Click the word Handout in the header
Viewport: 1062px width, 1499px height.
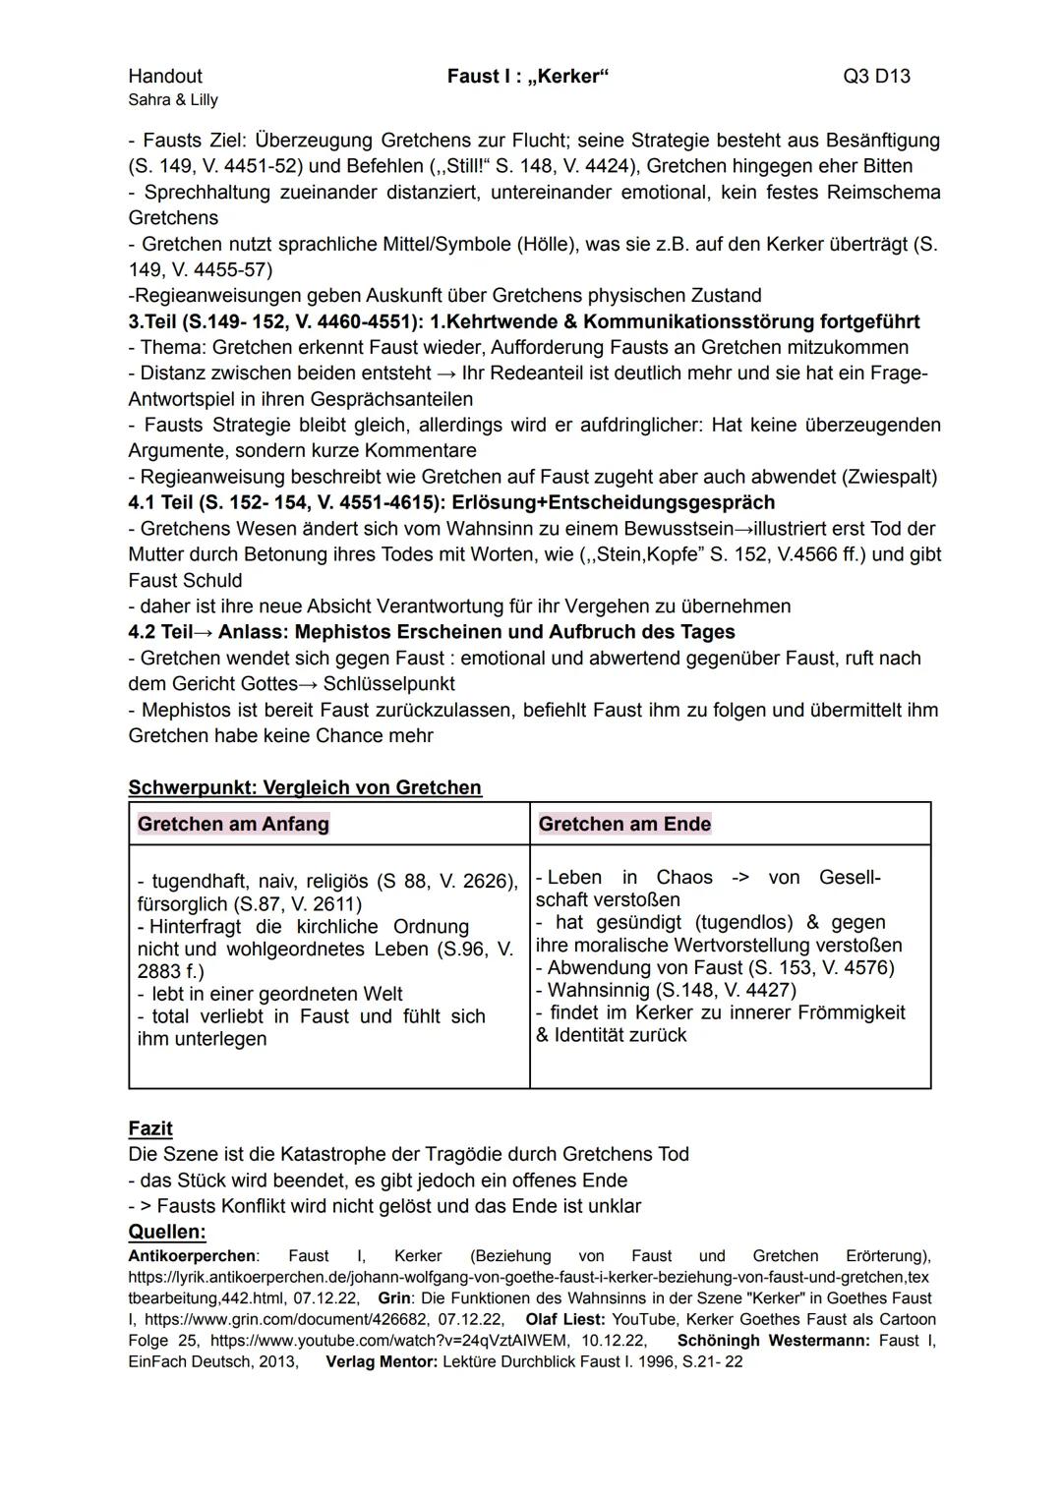tap(164, 76)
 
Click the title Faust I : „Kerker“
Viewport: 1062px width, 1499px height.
tap(528, 76)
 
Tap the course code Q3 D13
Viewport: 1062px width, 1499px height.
tap(876, 76)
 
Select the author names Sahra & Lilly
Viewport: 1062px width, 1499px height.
tap(173, 99)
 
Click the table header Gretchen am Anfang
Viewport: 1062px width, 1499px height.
tap(233, 824)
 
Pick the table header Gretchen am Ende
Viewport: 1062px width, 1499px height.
tap(624, 824)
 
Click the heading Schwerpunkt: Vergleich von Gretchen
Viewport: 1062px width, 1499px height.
tap(305, 787)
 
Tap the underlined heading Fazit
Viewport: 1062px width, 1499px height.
tap(150, 1128)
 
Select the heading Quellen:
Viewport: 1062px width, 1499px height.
tap(167, 1232)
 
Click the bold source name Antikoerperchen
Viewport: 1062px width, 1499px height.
tap(192, 1256)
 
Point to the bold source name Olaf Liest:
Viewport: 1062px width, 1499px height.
tap(566, 1319)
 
